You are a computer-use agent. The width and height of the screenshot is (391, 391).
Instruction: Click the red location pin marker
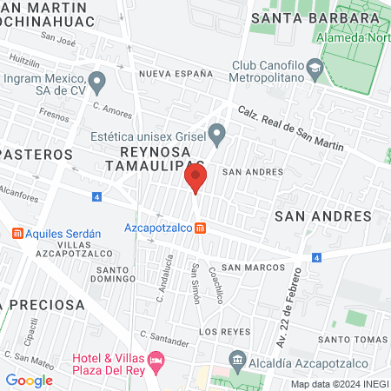pos(195,180)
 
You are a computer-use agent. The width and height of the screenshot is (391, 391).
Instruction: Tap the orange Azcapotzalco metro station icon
pos(201,228)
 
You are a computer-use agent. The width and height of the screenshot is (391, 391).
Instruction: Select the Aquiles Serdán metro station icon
pos(17,234)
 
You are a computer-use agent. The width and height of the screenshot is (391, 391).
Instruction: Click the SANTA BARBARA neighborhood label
pos(302,17)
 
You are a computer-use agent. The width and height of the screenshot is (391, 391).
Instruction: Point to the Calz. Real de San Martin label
pos(285,123)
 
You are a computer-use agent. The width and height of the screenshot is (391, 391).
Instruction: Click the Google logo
pos(29,380)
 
